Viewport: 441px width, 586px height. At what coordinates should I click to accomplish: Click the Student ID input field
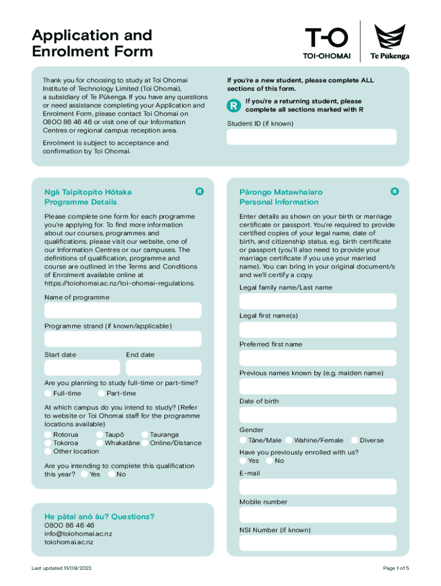coord(312,137)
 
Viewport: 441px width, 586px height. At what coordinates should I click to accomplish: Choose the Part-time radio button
coord(101,394)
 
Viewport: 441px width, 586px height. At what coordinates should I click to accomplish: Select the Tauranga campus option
coord(145,435)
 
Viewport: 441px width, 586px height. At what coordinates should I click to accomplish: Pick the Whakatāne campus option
coord(100,443)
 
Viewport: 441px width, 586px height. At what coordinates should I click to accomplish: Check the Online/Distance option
coord(145,443)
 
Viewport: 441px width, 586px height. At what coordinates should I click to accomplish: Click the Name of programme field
coord(123,311)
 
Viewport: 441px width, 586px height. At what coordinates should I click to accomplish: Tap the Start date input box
coord(82,367)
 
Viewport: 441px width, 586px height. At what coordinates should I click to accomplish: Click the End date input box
coord(164,367)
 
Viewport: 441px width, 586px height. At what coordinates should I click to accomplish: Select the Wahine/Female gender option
coord(289,441)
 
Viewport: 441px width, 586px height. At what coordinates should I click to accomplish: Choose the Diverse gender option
coord(355,441)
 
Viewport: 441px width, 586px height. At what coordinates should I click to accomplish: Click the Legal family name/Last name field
coord(318,302)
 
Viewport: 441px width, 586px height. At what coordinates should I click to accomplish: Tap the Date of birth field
coord(318,415)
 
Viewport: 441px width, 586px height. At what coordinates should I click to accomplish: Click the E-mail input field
coord(318,487)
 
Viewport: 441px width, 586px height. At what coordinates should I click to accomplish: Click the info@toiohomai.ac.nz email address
coord(78,534)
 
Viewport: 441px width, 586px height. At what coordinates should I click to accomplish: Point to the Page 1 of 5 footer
coord(396,568)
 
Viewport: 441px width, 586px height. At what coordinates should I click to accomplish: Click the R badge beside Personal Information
coord(395,192)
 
